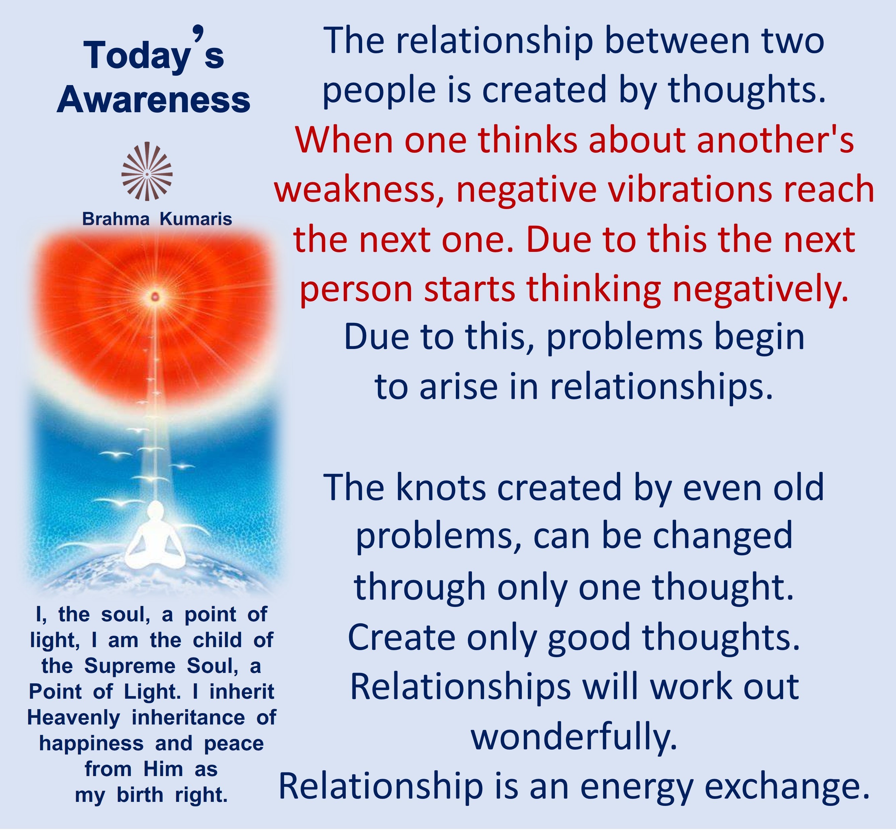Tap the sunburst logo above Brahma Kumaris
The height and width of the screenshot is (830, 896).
click(147, 171)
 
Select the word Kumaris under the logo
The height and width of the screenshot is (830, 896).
click(196, 219)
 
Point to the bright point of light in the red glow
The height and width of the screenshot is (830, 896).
click(155, 296)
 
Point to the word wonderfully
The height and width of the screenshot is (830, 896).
click(574, 738)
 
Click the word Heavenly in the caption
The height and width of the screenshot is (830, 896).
click(74, 718)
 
